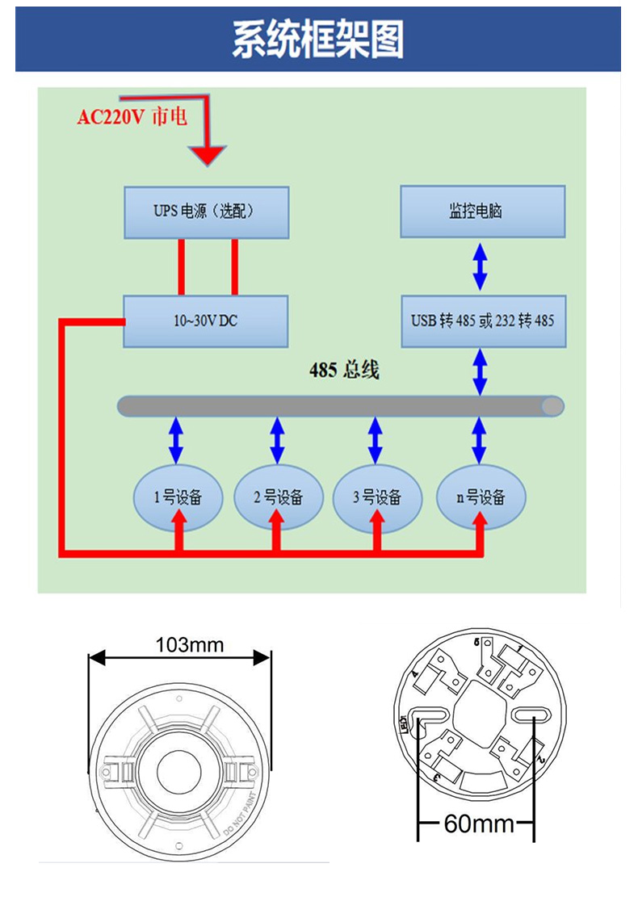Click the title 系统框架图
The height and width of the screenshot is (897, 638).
318,40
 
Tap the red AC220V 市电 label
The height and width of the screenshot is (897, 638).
132,117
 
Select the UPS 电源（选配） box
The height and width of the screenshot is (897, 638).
205,212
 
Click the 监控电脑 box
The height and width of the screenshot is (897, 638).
482,212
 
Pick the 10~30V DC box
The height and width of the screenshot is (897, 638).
205,321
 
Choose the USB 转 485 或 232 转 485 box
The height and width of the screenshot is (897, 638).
482,321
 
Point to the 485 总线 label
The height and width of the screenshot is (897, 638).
344,371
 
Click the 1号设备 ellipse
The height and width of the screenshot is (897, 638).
177,497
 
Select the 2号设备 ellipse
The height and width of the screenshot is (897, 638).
278,497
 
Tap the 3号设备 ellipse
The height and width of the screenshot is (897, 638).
376,497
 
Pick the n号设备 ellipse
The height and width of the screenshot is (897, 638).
481,497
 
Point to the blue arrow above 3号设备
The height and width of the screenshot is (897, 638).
376,439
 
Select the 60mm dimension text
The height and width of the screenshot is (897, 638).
478,824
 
